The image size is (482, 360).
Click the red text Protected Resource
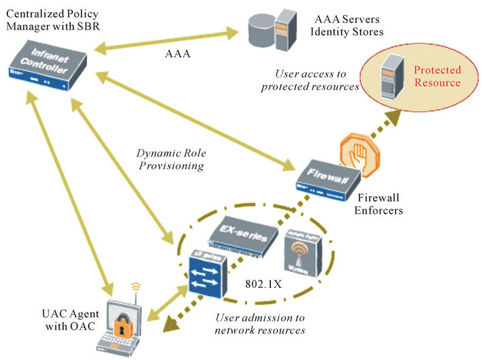click(x=437, y=76)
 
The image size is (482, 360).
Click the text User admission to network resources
click(x=259, y=324)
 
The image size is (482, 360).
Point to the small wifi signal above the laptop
click(x=135, y=288)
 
